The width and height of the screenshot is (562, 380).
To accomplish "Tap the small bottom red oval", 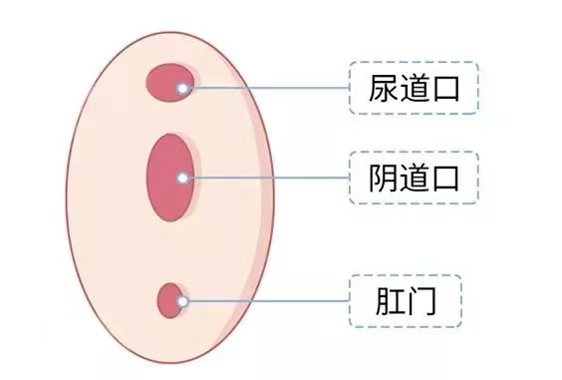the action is [x=170, y=299].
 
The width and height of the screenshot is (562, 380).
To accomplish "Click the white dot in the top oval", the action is [x=182, y=89].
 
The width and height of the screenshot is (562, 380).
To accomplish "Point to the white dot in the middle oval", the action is [x=182, y=179].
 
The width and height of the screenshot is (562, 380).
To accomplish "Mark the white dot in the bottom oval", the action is [x=182, y=300].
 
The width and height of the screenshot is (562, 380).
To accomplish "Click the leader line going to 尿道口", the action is [x=269, y=89].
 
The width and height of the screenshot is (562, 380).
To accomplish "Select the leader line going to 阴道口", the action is [x=269, y=179].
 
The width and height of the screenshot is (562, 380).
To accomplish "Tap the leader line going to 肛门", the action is [x=269, y=300].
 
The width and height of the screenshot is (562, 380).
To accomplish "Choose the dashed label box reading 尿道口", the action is [x=414, y=89].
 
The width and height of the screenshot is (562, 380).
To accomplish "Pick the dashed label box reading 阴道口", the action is [x=414, y=179].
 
